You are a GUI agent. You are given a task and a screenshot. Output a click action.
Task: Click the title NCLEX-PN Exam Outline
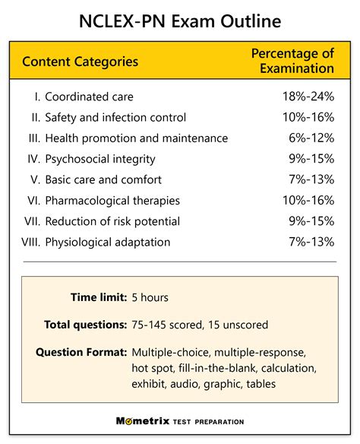(180, 21)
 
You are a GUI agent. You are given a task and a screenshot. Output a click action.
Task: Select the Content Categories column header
(81, 62)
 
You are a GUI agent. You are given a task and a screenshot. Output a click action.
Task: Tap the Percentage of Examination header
(292, 61)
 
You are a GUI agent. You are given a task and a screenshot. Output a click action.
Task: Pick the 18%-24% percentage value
(308, 97)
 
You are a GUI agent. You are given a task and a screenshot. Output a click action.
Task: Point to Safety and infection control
(115, 118)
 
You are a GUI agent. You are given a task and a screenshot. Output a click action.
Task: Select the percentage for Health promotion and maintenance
(311, 138)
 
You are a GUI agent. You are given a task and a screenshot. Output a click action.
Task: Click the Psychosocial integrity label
(100, 159)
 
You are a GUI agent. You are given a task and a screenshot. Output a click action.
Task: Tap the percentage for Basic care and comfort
(311, 180)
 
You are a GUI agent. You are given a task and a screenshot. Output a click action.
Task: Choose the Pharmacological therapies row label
(112, 201)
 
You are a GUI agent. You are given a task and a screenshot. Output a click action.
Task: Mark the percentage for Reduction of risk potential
(311, 221)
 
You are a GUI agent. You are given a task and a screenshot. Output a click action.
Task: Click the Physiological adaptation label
(107, 242)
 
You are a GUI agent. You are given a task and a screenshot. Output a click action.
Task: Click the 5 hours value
(150, 298)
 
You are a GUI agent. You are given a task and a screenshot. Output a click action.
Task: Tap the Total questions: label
(85, 325)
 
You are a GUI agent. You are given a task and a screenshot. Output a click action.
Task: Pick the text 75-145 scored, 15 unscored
(200, 325)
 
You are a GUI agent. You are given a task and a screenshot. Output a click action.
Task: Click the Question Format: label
(81, 352)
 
